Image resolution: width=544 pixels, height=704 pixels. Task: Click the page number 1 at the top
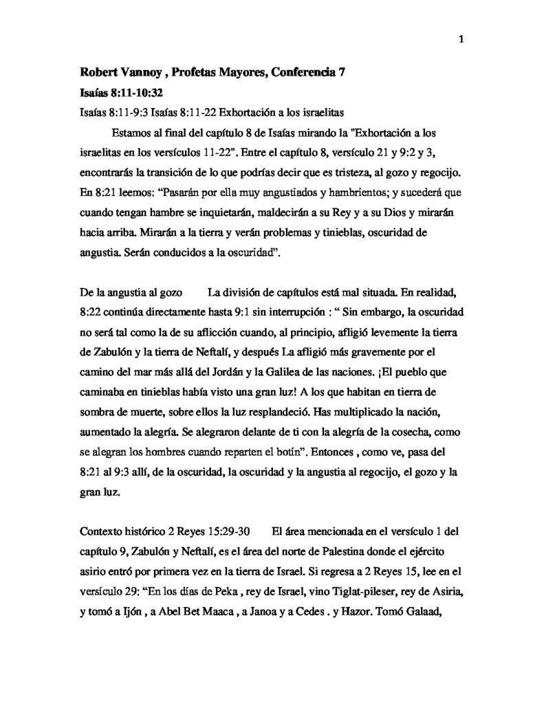[x=461, y=38]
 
